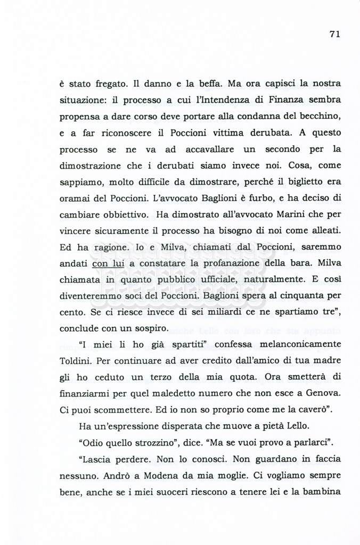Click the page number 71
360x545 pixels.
tap(334, 34)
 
